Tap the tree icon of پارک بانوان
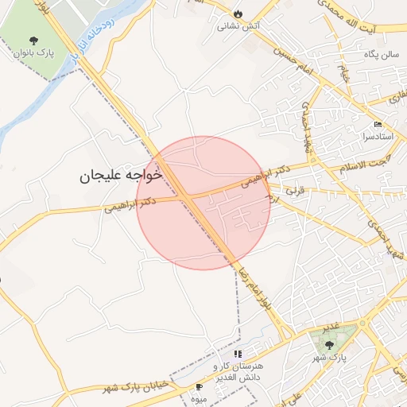click(x=33, y=41)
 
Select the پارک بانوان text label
click(x=33, y=53)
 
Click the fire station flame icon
click(x=238, y=14)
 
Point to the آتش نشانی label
click(x=238, y=25)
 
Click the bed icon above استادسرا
click(x=378, y=126)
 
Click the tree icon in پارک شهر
click(x=329, y=344)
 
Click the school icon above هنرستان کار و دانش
click(x=238, y=354)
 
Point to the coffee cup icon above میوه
click(x=199, y=386)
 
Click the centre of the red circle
click(x=203, y=203)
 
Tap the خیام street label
click(x=345, y=76)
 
